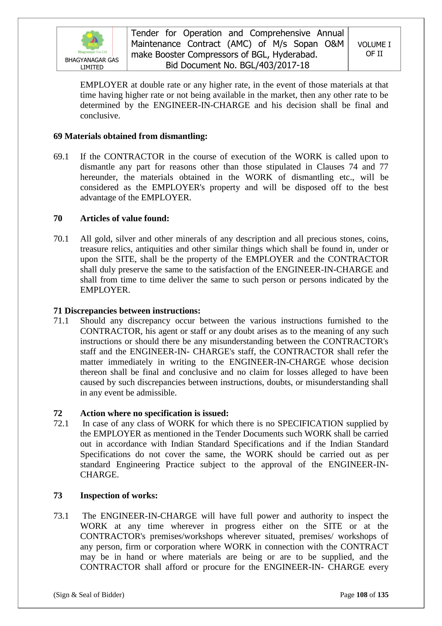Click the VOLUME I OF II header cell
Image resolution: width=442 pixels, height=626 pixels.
click(374, 49)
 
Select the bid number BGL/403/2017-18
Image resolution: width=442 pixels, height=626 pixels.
click(274, 65)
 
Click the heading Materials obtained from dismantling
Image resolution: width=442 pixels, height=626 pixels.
click(136, 136)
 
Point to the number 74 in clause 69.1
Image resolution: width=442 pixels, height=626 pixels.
click(353, 167)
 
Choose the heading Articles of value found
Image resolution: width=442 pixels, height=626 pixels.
click(125, 218)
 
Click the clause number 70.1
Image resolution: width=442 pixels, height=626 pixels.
click(61, 239)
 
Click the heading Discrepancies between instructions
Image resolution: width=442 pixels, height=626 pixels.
click(132, 311)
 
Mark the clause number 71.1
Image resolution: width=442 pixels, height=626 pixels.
click(61, 321)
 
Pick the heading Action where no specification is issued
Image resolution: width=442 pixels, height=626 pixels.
click(154, 413)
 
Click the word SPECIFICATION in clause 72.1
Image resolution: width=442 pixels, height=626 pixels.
click(310, 424)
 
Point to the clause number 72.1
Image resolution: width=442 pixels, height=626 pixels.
click(61, 424)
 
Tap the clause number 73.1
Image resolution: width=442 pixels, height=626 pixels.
click(61, 516)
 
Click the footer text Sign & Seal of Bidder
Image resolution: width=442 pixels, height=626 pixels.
click(89, 595)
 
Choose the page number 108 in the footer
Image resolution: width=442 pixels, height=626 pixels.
click(362, 595)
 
